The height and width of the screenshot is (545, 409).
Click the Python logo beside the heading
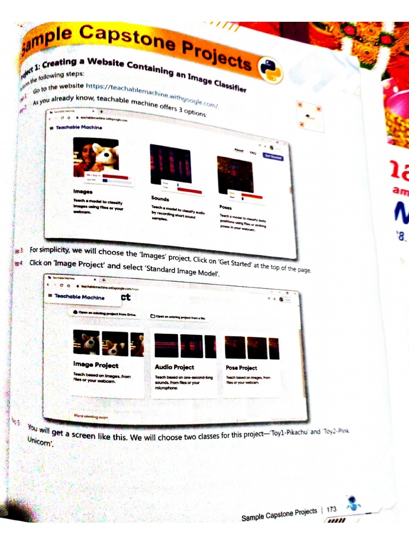click(270, 70)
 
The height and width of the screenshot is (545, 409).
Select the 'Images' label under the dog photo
click(83, 191)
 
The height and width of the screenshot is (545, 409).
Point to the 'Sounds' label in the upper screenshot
click(160, 199)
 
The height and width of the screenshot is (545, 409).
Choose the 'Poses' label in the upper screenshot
click(225, 207)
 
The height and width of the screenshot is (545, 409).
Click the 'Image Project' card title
click(96, 365)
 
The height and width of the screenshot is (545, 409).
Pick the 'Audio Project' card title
click(174, 367)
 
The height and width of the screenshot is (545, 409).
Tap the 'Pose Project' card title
click(241, 368)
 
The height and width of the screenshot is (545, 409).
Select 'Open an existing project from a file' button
click(178, 316)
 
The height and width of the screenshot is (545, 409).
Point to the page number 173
click(331, 509)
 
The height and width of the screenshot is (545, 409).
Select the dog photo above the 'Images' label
click(96, 157)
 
